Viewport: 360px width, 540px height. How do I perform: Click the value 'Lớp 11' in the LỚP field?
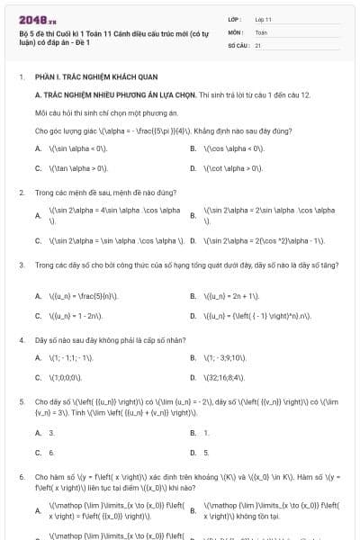coord(264,18)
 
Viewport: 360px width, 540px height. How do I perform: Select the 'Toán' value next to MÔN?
coord(261,31)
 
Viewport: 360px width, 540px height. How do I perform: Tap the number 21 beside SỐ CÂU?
coord(258,44)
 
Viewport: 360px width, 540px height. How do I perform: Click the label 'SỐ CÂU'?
coord(238,44)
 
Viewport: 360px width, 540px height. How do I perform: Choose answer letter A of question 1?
coord(38,148)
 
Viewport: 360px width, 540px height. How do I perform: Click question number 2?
coord(21,192)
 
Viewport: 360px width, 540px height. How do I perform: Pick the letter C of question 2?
coord(38,240)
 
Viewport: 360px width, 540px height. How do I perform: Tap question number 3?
coord(21,265)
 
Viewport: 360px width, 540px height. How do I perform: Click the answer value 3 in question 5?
coord(51,432)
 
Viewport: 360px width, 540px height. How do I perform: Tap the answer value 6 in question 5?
coord(51,452)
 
